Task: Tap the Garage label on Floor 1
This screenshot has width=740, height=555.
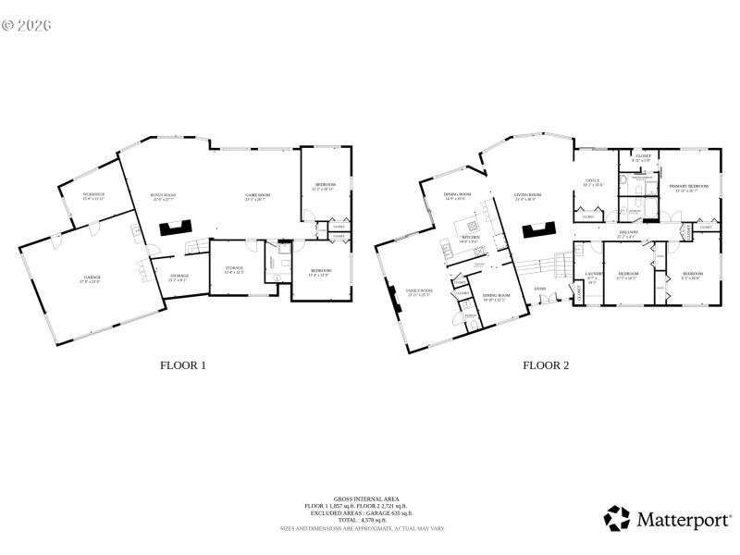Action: tap(92, 277)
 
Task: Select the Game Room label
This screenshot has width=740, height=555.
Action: tap(256, 196)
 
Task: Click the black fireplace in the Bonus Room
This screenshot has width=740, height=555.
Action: tap(174, 228)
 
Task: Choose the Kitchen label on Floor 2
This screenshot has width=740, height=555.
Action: tap(470, 238)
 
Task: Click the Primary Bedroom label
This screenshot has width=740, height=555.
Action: tap(689, 187)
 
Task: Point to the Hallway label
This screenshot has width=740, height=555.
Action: tap(629, 232)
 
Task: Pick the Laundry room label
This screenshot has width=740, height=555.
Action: tap(593, 275)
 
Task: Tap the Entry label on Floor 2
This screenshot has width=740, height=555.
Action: tap(540, 290)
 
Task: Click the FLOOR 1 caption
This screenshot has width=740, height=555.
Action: tap(183, 365)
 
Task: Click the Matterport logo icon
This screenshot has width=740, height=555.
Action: tap(617, 518)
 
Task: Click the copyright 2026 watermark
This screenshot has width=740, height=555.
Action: tap(27, 25)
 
